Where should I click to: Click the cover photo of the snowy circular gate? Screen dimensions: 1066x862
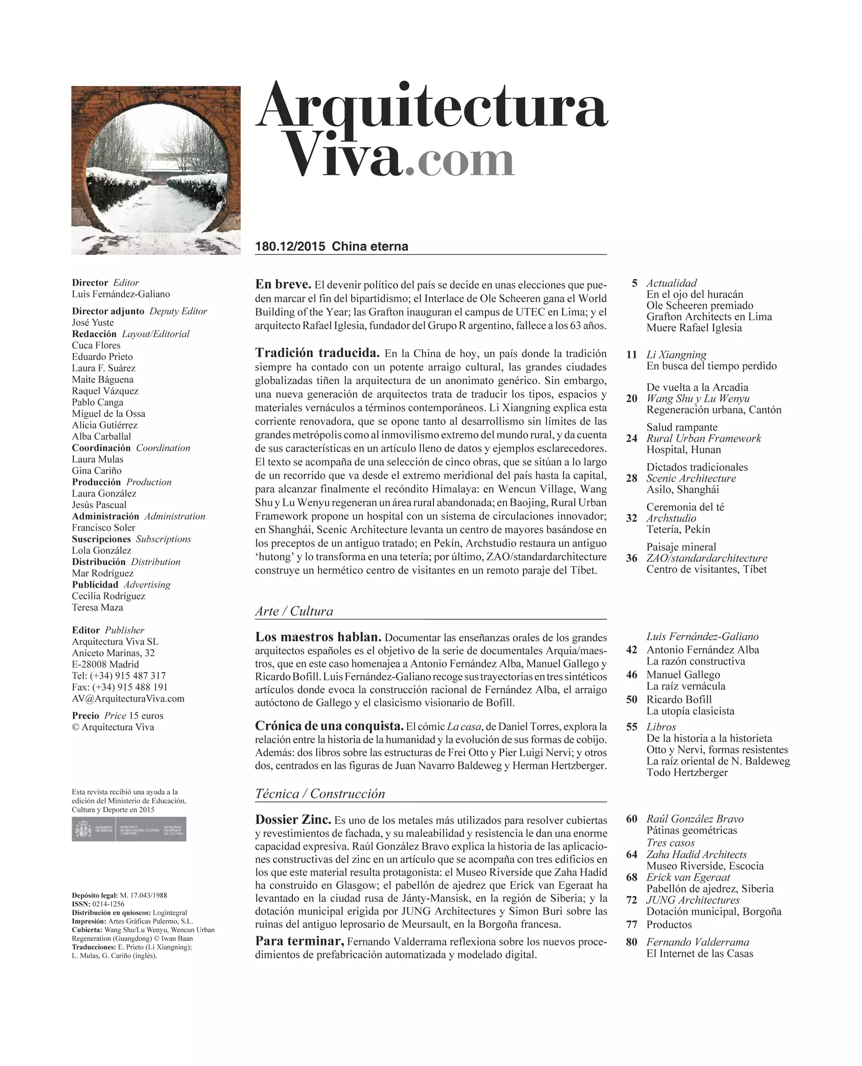pyautogui.click(x=156, y=170)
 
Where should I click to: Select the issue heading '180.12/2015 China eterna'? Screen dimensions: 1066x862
pyautogui.click(x=331, y=247)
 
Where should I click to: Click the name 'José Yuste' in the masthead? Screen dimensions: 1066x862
pyautogui.click(x=93, y=323)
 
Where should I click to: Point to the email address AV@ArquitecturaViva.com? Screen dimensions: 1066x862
pyautogui.click(x=128, y=699)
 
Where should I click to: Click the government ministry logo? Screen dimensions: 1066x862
pyautogui.click(x=129, y=829)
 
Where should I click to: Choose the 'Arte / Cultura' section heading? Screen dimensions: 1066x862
pyautogui.click(x=294, y=612)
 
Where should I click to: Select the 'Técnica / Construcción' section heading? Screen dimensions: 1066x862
pyautogui.click(x=320, y=793)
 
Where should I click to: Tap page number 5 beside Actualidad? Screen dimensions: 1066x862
pyautogui.click(x=634, y=283)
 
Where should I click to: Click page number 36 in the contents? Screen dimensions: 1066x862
pyautogui.click(x=631, y=558)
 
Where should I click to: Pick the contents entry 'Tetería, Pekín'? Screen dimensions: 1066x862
pyautogui.click(x=678, y=529)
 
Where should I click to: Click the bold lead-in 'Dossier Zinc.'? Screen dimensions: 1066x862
pyautogui.click(x=293, y=820)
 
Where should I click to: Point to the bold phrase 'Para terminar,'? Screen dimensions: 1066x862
pyautogui.click(x=300, y=942)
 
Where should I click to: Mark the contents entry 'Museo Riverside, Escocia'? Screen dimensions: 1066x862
pyautogui.click(x=705, y=866)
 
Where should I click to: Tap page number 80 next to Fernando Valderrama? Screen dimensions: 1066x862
pyautogui.click(x=631, y=942)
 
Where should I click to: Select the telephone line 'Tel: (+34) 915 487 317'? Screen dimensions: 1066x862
pyautogui.click(x=119, y=676)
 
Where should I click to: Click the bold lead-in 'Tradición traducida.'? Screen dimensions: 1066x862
pyautogui.click(x=317, y=353)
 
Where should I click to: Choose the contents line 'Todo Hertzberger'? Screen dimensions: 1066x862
pyautogui.click(x=687, y=773)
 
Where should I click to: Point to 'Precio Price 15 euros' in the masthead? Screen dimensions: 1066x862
pyautogui.click(x=118, y=716)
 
